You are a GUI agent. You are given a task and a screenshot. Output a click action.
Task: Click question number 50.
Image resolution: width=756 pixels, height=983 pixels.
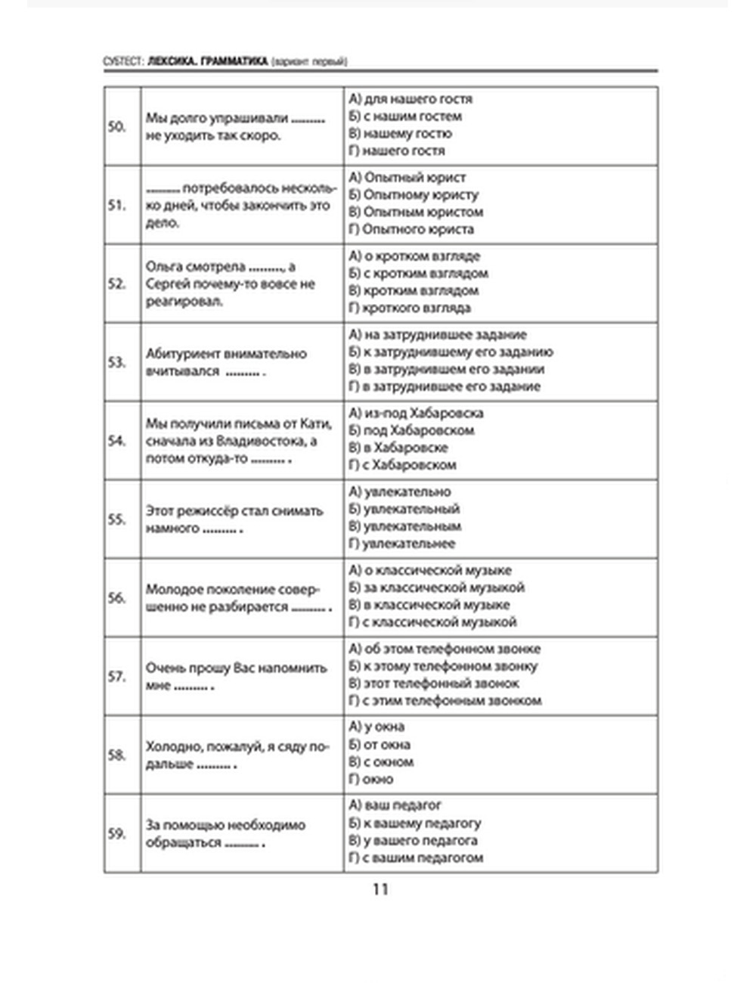coord(116,126)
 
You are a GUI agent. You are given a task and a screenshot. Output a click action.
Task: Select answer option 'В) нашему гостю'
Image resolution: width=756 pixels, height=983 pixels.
coord(400,133)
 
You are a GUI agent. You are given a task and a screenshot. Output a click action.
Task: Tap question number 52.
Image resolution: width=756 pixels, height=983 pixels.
coord(116,284)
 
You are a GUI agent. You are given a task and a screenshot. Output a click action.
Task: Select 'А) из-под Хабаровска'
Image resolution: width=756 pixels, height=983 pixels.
coord(416,413)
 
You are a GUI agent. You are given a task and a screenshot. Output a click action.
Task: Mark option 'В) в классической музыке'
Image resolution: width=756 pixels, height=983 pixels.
coord(429,604)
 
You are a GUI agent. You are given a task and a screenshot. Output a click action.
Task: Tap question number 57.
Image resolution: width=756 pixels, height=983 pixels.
coord(116,676)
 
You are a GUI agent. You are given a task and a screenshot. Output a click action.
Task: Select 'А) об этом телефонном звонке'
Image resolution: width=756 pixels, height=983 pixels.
coord(445,649)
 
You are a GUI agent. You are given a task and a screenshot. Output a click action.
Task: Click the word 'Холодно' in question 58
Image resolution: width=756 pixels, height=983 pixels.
coord(175,746)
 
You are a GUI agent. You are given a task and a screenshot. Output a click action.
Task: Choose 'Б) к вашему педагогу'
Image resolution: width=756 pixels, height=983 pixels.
coord(415,823)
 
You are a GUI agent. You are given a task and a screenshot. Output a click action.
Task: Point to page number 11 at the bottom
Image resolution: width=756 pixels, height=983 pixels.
coord(380,889)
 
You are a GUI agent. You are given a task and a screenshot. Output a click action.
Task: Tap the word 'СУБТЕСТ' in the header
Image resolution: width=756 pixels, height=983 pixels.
coord(123,62)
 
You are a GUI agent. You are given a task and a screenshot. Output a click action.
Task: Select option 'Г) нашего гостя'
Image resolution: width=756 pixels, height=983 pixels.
coord(397,150)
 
